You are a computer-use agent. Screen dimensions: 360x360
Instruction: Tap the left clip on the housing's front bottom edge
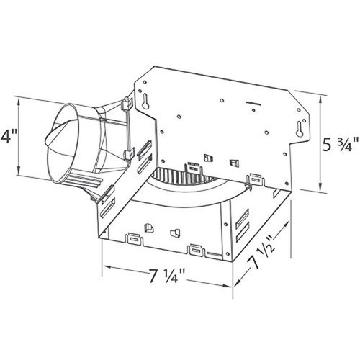click(134, 236)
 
